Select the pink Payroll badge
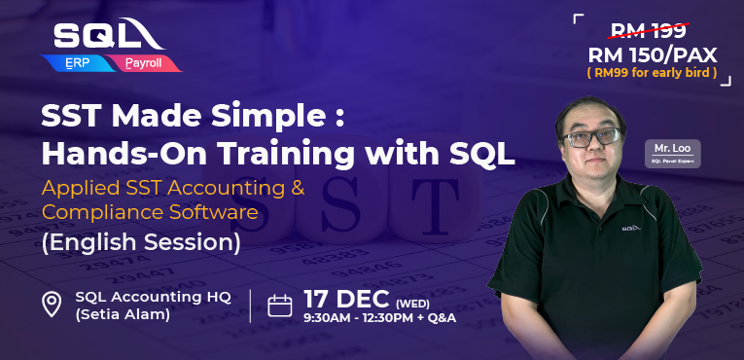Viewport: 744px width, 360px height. [146, 63]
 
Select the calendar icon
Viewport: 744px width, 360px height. [280, 306]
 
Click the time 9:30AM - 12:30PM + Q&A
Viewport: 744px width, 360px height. [379, 317]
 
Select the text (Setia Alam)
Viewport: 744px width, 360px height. [124, 314]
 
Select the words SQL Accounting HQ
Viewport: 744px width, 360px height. [153, 297]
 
